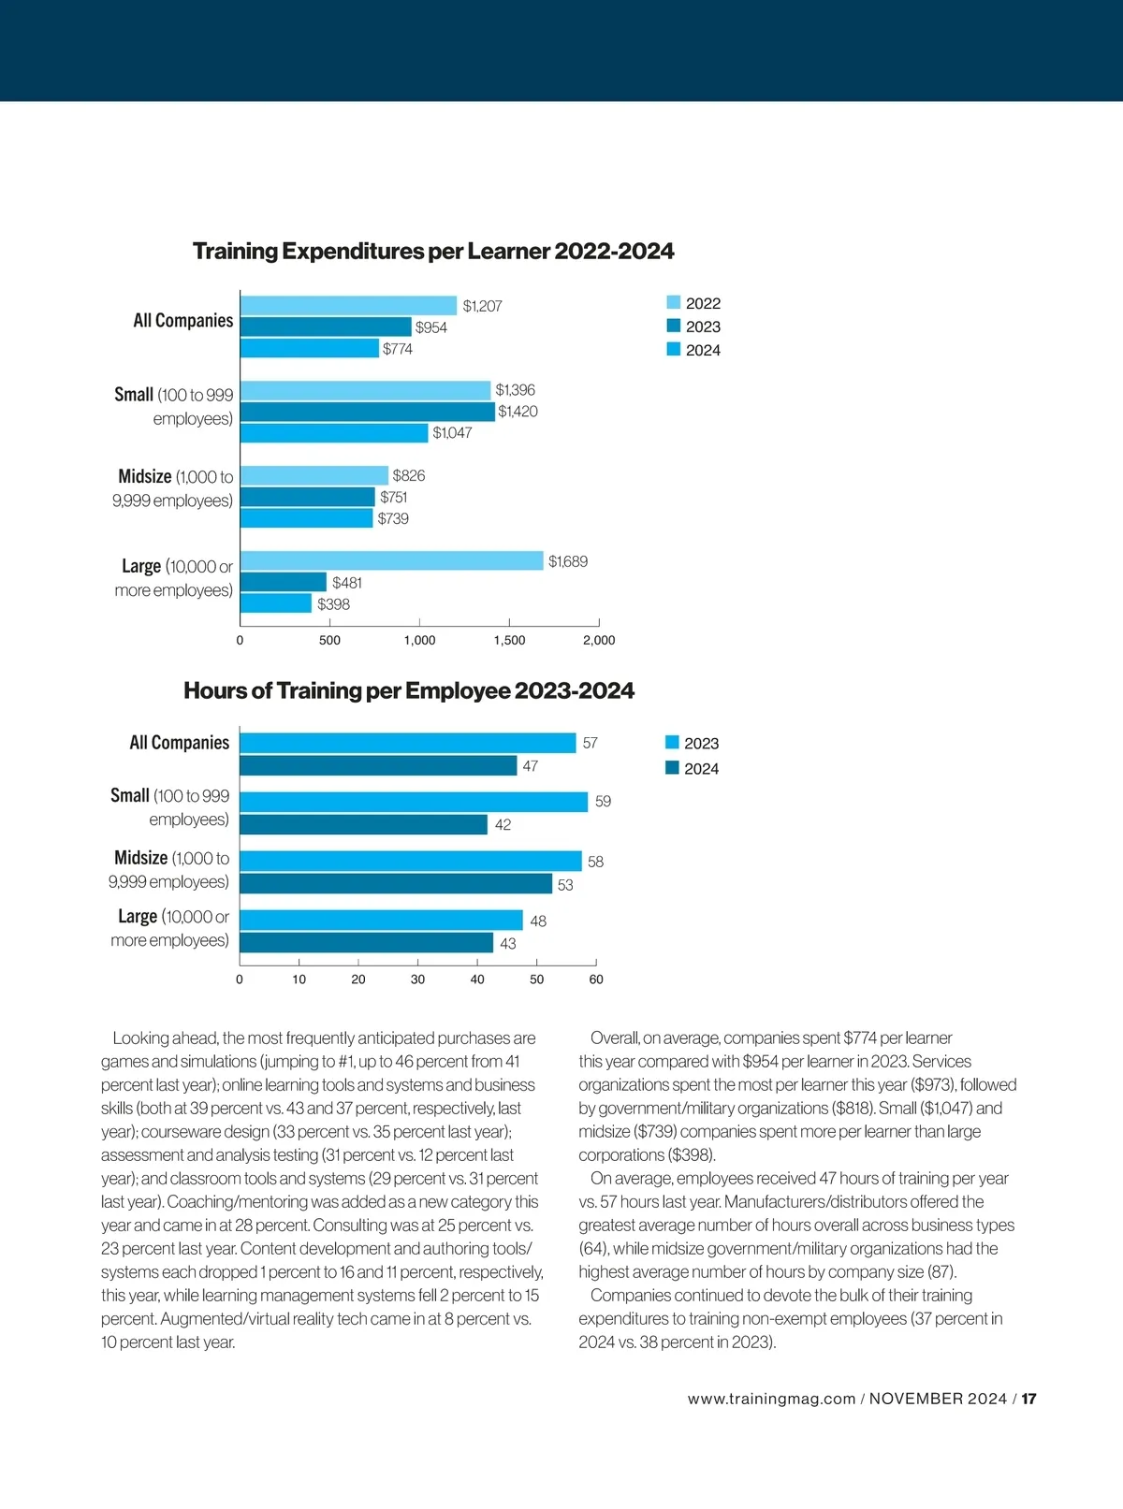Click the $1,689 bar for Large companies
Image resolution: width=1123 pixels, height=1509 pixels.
(x=391, y=561)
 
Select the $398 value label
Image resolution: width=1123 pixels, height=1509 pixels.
(x=333, y=604)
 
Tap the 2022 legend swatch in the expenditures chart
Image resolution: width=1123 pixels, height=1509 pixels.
(x=674, y=302)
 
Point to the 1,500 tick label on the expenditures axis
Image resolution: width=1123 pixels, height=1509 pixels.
(x=509, y=641)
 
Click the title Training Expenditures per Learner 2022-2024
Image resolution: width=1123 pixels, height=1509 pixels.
(x=433, y=252)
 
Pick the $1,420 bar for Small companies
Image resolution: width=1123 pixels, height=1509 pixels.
(x=367, y=412)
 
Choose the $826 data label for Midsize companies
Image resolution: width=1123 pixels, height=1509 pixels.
(x=409, y=475)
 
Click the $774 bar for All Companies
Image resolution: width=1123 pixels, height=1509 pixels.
(x=310, y=349)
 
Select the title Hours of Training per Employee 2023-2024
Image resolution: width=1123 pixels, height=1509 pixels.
(x=409, y=691)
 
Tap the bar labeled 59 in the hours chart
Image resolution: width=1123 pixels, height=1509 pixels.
(x=414, y=802)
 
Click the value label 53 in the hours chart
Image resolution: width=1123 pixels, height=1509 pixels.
(x=565, y=885)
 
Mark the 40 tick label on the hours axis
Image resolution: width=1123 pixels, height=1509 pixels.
(x=477, y=979)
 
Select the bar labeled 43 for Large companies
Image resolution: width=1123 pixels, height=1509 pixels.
(x=366, y=943)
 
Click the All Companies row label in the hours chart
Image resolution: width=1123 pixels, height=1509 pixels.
(x=179, y=743)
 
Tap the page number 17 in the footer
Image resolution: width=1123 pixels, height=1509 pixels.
(x=1028, y=1400)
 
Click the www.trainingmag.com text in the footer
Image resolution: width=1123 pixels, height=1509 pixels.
(x=771, y=1400)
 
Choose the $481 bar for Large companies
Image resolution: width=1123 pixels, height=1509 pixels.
(x=284, y=583)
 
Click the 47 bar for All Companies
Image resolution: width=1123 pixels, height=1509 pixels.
(x=378, y=766)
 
